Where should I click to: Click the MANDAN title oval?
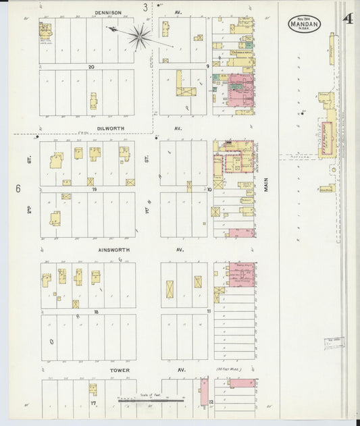304,25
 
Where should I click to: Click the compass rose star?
140,36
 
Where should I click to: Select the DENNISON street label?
107,12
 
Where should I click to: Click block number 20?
89,67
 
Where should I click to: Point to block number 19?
95,190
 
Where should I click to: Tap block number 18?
97,311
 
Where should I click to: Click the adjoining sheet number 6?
18,190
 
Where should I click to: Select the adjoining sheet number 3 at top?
145,7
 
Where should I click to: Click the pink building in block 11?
241,275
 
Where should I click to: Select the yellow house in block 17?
92,389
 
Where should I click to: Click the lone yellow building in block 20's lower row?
94,101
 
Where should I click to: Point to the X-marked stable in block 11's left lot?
171,289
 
